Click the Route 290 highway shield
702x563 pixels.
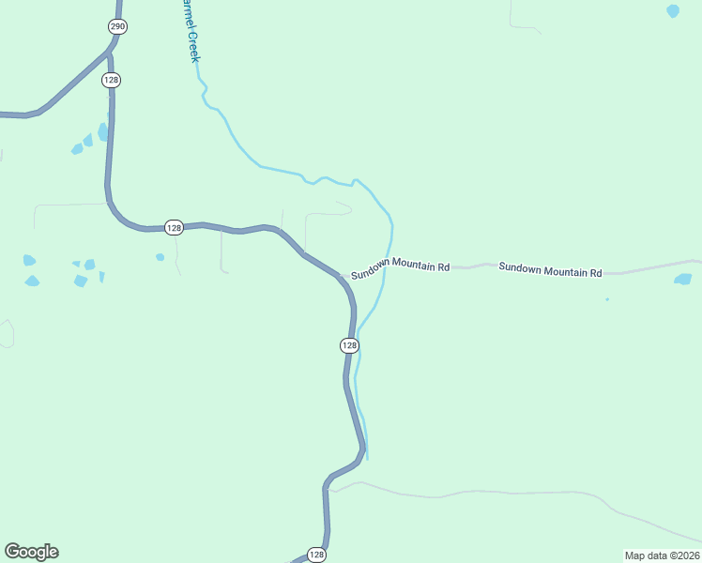click(116, 26)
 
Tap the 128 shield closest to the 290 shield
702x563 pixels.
click(112, 81)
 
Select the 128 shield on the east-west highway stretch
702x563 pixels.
click(174, 227)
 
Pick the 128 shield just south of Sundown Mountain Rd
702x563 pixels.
click(349, 345)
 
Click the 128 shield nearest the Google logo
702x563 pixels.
click(317, 555)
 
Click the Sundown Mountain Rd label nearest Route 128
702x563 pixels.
click(401, 267)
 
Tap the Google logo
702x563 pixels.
click(31, 552)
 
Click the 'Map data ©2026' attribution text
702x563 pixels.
click(662, 555)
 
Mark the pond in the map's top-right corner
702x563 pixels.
click(672, 11)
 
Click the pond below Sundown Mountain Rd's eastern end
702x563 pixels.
click(682, 279)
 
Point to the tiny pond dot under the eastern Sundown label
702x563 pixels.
click(607, 299)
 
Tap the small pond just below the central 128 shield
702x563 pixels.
click(160, 257)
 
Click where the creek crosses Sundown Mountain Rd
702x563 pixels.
click(387, 266)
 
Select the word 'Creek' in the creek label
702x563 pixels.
click(193, 46)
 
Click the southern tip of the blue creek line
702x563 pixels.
click(367, 458)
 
